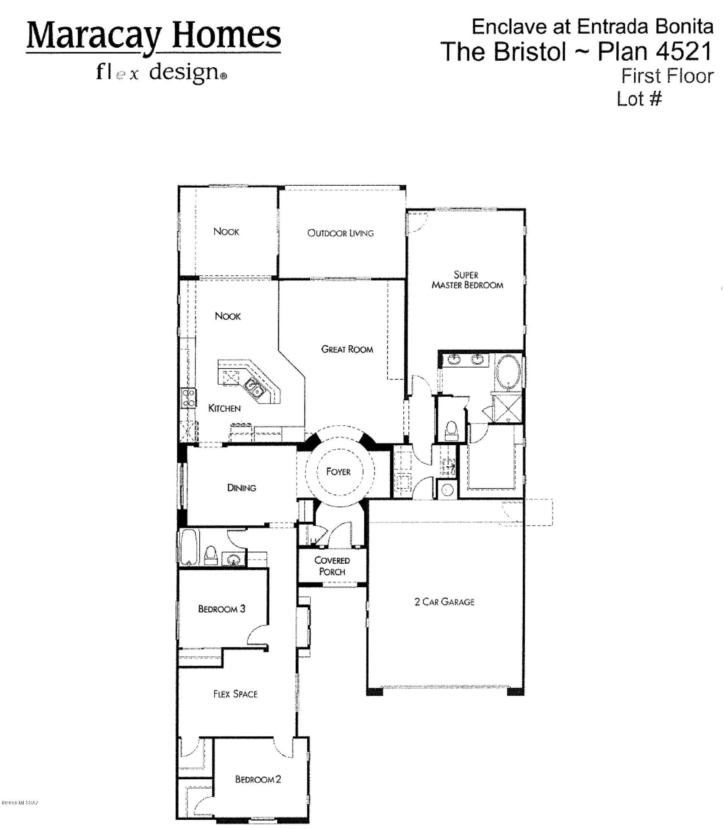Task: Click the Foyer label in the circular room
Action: pyautogui.click(x=338, y=472)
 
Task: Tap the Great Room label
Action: pyautogui.click(x=347, y=349)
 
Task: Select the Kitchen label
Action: pyautogui.click(x=224, y=408)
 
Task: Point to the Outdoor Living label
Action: pyautogui.click(x=340, y=233)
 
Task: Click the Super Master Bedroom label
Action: pyautogui.click(x=467, y=280)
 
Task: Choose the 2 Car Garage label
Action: pyautogui.click(x=444, y=601)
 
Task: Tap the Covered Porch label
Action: pyautogui.click(x=332, y=566)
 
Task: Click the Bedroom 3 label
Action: pyautogui.click(x=222, y=609)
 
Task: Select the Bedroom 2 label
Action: pyautogui.click(x=258, y=779)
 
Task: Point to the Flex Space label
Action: pyautogui.click(x=235, y=694)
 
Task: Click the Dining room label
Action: pyautogui.click(x=241, y=488)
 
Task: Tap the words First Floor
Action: pyautogui.click(x=667, y=76)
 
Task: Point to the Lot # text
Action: pyautogui.click(x=640, y=99)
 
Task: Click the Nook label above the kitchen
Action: pyautogui.click(x=227, y=316)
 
